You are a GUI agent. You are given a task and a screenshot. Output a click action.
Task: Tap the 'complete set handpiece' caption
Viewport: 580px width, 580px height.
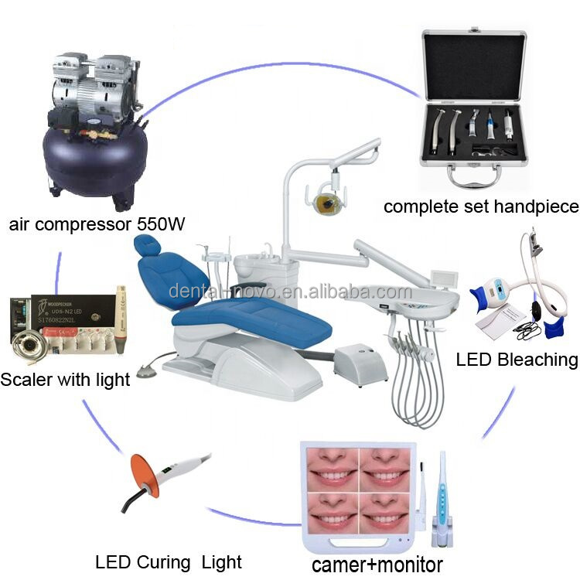pos(481,206)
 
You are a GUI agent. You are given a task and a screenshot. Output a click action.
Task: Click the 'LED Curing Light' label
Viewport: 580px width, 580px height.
pos(169,562)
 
